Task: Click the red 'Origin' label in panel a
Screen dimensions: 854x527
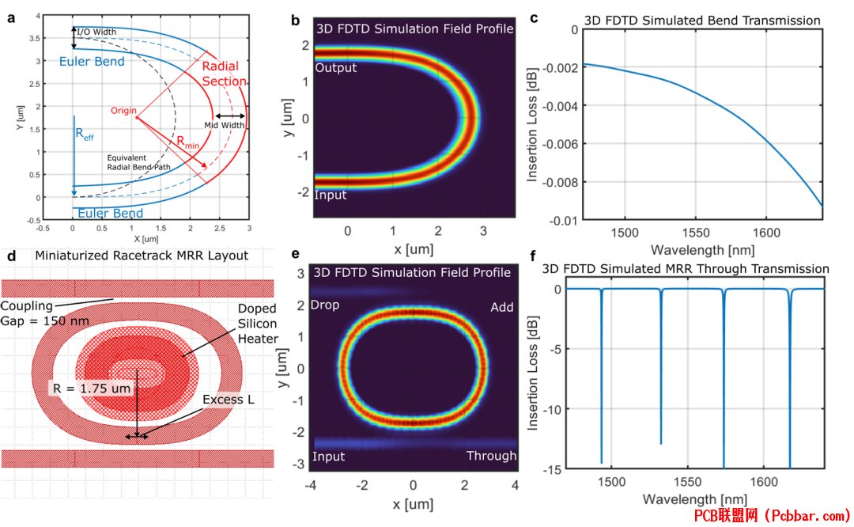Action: [123, 111]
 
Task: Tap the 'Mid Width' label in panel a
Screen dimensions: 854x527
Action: [225, 125]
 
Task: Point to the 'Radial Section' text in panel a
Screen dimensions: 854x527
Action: [224, 74]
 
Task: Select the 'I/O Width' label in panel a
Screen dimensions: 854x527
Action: [96, 32]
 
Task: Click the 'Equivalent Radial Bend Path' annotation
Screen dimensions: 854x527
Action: [138, 162]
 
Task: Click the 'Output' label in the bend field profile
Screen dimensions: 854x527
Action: [335, 67]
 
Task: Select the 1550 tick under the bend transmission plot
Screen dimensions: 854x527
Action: [696, 233]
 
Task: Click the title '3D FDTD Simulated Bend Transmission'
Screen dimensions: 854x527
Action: [702, 21]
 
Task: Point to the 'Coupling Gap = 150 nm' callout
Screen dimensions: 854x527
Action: [44, 313]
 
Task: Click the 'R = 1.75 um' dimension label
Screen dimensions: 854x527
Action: [92, 389]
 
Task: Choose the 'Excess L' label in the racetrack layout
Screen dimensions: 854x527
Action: [229, 400]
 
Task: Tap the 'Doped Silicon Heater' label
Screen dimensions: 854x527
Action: [258, 324]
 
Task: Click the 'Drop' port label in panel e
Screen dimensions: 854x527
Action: [325, 305]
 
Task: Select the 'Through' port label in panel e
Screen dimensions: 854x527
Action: [491, 456]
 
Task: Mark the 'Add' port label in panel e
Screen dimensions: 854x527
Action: [501, 307]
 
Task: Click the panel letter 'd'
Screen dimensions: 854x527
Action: [11, 255]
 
